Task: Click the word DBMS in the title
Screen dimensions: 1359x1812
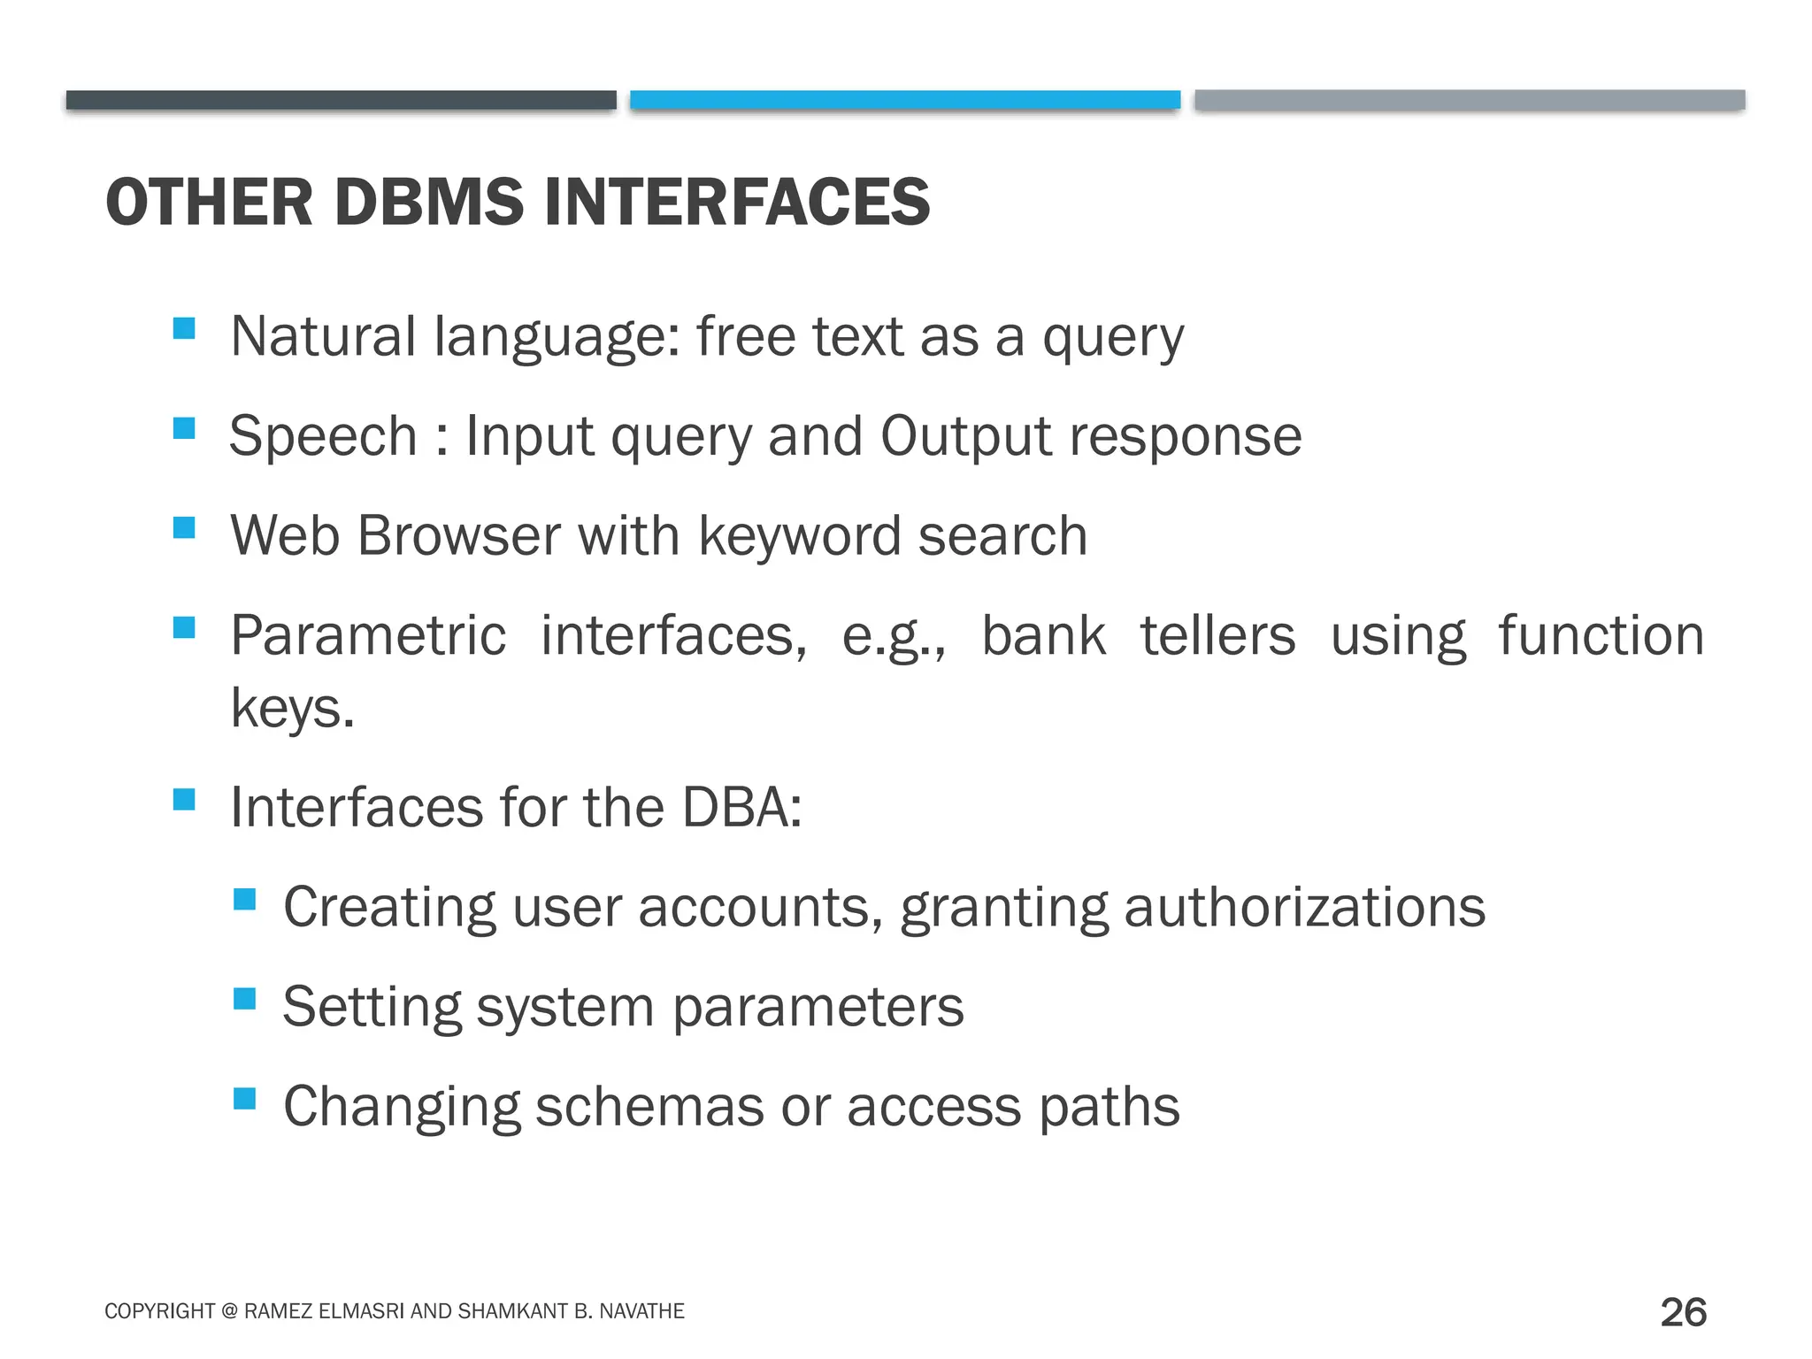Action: [x=429, y=203]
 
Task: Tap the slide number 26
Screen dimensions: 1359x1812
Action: [x=1683, y=1312]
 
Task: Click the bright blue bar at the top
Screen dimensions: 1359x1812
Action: [x=904, y=100]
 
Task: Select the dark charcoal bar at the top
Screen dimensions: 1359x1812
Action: [x=341, y=100]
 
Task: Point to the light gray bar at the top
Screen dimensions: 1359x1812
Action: [x=1469, y=100]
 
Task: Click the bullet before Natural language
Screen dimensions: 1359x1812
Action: [x=184, y=329]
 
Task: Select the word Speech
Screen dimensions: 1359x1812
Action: [x=323, y=436]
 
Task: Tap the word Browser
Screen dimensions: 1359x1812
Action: [x=458, y=536]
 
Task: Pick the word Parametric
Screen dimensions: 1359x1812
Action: [x=368, y=636]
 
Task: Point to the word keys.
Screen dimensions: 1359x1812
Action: [x=292, y=708]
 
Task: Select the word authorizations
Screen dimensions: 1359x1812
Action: [x=1304, y=908]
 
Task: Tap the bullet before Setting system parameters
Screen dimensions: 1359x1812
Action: [x=244, y=1000]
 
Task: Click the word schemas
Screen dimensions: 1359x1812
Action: [x=649, y=1107]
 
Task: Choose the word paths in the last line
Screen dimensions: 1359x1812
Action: [x=1109, y=1107]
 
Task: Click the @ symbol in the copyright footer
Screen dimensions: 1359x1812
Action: [x=229, y=1311]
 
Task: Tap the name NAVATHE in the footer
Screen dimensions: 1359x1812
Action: [x=641, y=1311]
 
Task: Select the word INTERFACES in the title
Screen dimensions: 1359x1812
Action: [x=736, y=203]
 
